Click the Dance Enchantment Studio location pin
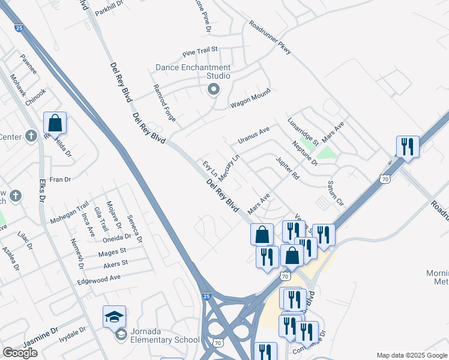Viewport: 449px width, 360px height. [212, 90]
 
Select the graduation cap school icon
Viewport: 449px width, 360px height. [115, 316]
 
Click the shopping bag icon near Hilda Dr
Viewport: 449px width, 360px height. [55, 124]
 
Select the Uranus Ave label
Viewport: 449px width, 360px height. [254, 134]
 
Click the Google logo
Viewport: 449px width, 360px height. [20, 352]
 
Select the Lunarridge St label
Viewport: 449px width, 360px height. [303, 131]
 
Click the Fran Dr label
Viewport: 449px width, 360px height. [60, 179]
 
